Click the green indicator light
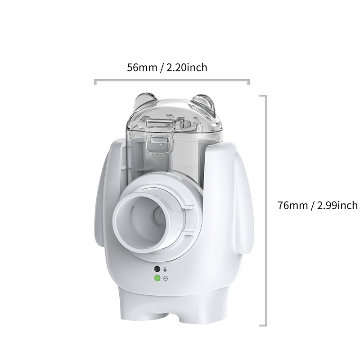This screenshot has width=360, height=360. pyautogui.click(x=157, y=278)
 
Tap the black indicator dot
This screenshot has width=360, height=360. pyautogui.click(x=157, y=269)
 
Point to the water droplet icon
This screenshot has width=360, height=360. pyautogui.click(x=165, y=269)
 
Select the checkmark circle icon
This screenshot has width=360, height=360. pyautogui.click(x=165, y=279)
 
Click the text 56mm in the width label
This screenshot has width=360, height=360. pyautogui.click(x=142, y=67)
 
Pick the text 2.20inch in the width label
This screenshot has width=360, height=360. pyautogui.click(x=187, y=67)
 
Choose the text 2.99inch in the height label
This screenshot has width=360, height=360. pyautogui.click(x=337, y=205)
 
